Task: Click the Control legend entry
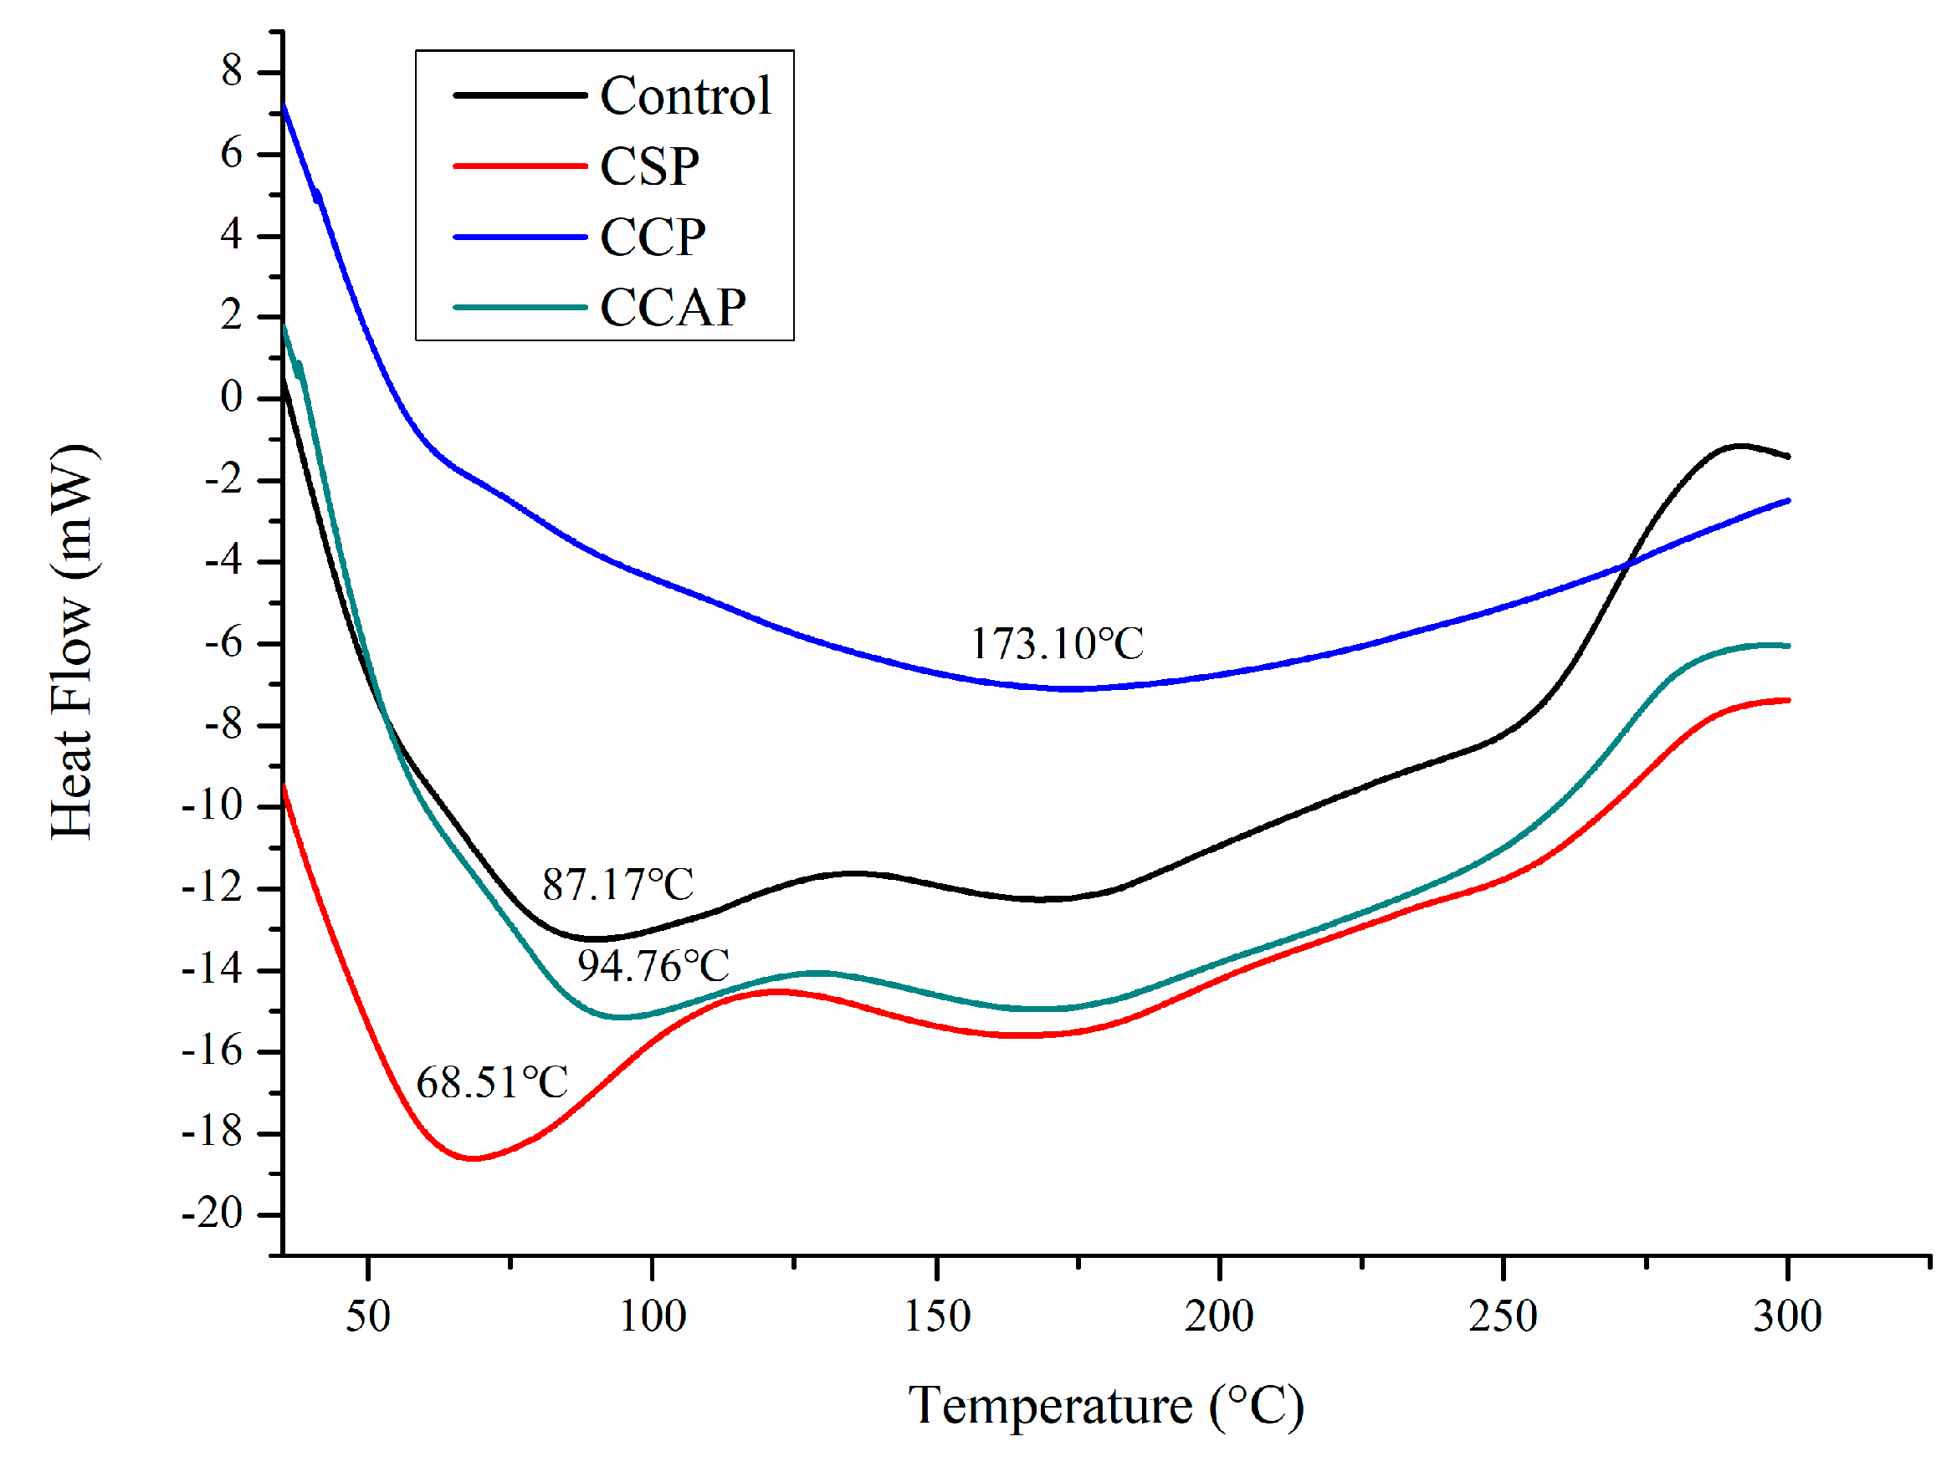pos(684,95)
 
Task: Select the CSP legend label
pos(649,166)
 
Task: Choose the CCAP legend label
pos(673,308)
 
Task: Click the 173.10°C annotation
pos(1057,644)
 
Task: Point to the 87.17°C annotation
pos(617,885)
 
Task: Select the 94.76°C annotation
pos(653,966)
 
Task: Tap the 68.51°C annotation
pos(492,1083)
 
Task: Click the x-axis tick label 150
pos(936,1316)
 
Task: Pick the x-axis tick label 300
pos(1787,1316)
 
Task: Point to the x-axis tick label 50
pos(368,1316)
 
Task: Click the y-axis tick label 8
pos(232,71)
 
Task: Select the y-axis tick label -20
pos(213,1214)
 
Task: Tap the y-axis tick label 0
pos(232,397)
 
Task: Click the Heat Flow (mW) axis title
pos(73,642)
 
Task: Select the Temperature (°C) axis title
pos(1106,1406)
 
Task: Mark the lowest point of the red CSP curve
pos(475,1159)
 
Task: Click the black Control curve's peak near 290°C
pos(1739,446)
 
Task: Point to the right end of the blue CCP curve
pos(1788,501)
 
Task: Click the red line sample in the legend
pos(520,166)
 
